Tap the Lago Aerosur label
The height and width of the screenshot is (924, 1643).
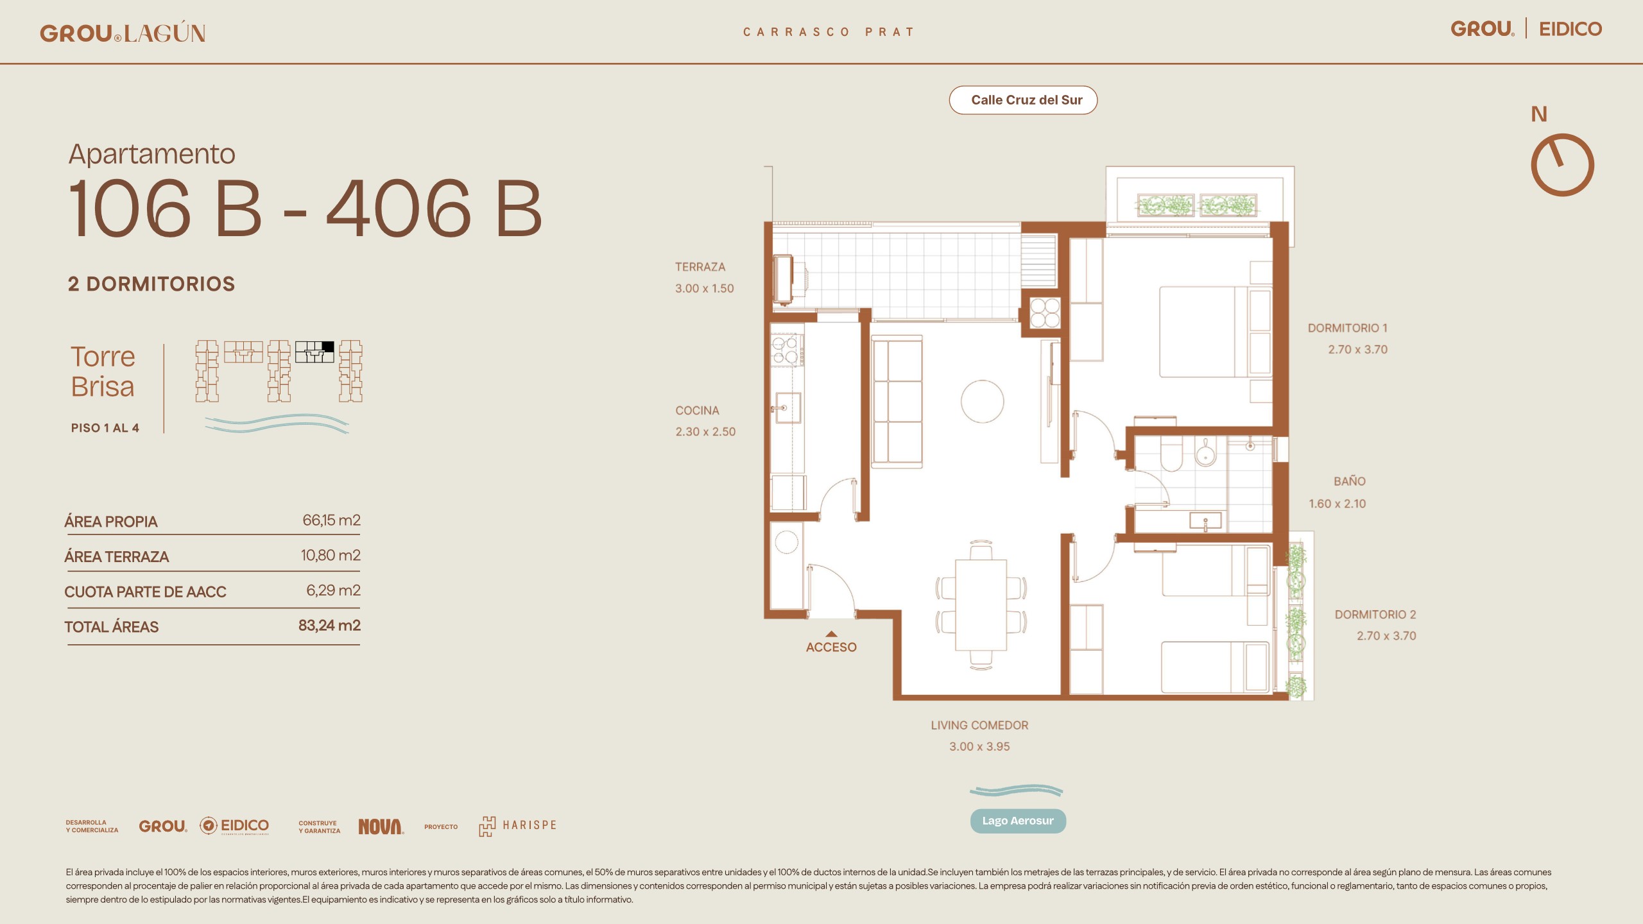tap(1018, 821)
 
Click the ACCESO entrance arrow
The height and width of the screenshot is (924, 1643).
tap(831, 634)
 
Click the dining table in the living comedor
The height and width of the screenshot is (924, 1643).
tap(981, 605)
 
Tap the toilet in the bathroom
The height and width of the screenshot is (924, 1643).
tap(1171, 454)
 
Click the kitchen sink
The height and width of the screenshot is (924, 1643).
tap(787, 407)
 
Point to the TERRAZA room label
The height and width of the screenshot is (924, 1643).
tap(700, 267)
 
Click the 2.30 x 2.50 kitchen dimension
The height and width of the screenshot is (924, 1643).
tap(705, 432)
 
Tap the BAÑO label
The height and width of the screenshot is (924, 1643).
tap(1350, 481)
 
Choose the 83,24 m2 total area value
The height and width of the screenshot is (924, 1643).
tap(329, 626)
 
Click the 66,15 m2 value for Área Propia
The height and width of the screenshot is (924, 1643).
tap(331, 520)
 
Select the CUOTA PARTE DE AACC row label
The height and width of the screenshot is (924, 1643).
tap(145, 592)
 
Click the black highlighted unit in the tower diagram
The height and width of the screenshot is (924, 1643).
tap(327, 346)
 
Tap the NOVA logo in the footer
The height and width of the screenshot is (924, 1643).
tap(381, 826)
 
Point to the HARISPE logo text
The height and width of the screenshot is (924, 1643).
tap(529, 825)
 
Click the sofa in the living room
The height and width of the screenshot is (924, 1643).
tap(897, 401)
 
